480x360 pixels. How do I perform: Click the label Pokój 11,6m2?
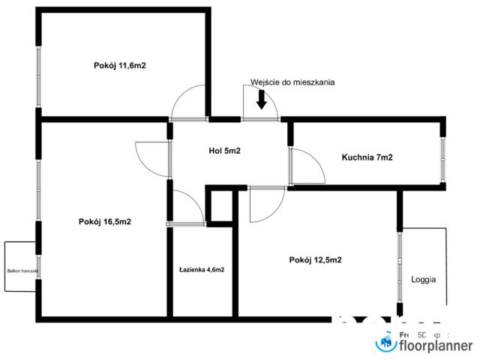(x=119, y=66)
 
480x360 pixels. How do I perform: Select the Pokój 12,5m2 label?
(x=315, y=260)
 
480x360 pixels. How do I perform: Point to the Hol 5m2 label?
(x=224, y=151)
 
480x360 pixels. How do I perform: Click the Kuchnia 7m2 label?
(x=367, y=157)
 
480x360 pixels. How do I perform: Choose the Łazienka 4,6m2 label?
(x=202, y=269)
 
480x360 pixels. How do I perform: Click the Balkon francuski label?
(x=22, y=271)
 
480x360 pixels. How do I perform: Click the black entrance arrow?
(x=261, y=99)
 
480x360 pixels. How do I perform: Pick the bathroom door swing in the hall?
(x=187, y=206)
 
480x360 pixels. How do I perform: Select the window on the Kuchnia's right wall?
(x=443, y=158)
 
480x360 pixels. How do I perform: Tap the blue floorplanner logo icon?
(x=385, y=343)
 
